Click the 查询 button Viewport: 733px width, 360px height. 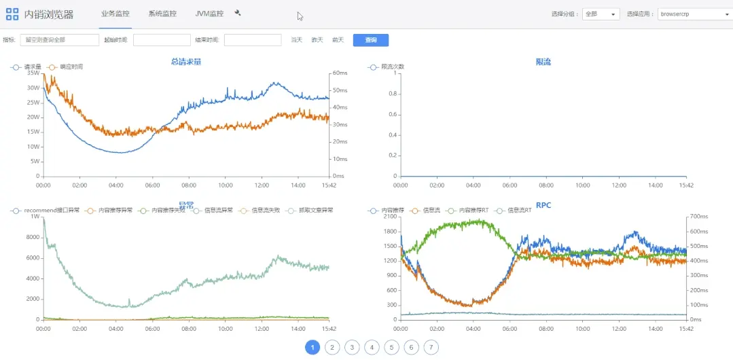click(x=370, y=40)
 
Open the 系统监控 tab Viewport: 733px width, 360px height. click(x=162, y=14)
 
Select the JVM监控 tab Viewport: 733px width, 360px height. click(x=209, y=14)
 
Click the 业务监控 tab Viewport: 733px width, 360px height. click(x=115, y=14)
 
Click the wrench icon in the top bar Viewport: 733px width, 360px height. click(x=238, y=13)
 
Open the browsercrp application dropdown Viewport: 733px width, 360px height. click(x=693, y=14)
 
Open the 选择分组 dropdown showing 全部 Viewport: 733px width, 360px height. click(x=601, y=14)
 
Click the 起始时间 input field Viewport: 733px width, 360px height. click(x=161, y=40)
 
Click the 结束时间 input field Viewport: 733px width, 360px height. click(x=252, y=40)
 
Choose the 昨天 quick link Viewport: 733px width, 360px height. click(x=317, y=40)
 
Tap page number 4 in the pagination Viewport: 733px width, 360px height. click(x=371, y=348)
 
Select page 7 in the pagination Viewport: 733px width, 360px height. click(x=431, y=348)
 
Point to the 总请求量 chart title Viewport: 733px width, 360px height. click(x=186, y=62)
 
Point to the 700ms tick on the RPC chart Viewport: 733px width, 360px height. click(x=697, y=216)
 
